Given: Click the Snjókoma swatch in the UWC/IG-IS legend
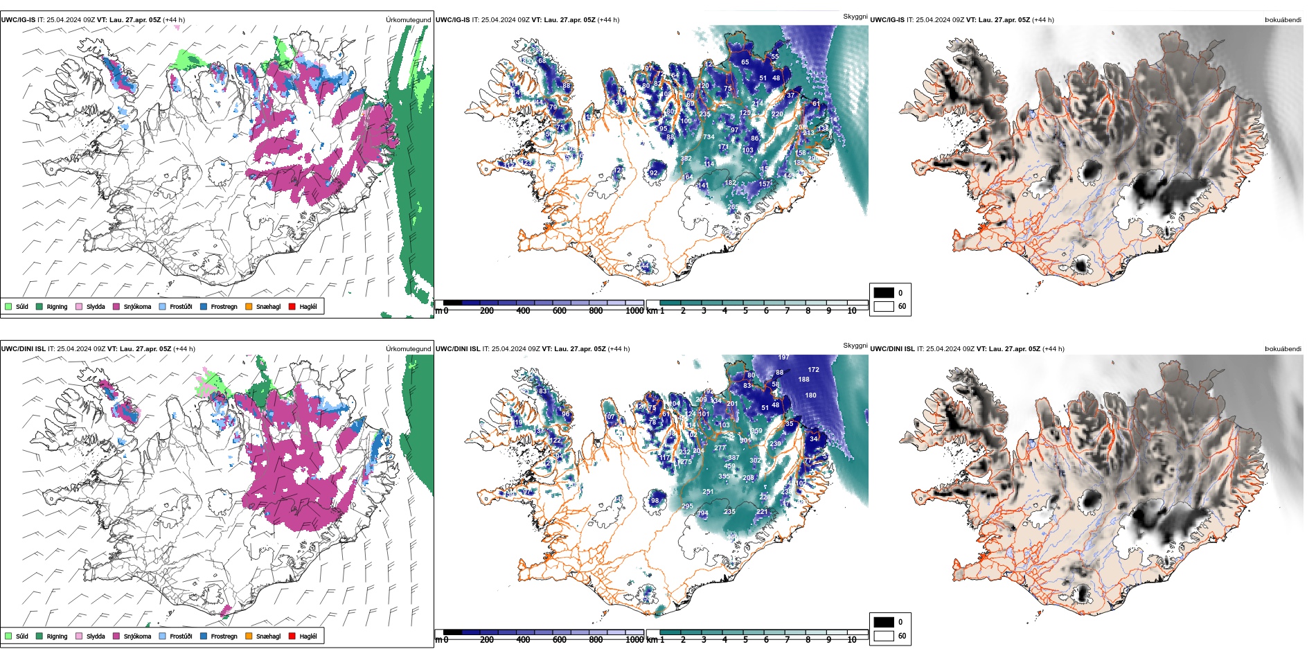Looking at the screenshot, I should [x=116, y=306].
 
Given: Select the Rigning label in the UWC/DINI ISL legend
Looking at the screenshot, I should [x=57, y=637].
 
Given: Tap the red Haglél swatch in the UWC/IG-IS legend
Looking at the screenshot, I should [x=292, y=306].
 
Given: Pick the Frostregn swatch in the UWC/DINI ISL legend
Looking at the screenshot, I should [x=204, y=636].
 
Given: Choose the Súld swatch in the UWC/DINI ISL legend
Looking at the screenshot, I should [x=8, y=636].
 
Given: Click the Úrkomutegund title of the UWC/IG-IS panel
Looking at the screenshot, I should [x=408, y=20].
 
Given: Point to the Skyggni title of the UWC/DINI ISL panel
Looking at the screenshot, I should [x=855, y=345].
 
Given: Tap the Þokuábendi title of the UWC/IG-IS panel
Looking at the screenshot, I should [x=1283, y=20].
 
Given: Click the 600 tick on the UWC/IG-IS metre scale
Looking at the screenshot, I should [x=560, y=311].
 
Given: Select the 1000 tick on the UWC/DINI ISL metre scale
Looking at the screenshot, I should [x=634, y=640].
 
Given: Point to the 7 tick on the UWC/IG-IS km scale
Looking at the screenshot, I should [x=787, y=311].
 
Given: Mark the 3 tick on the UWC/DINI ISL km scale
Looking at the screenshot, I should [x=704, y=640].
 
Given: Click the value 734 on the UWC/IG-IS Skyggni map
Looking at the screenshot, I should [x=709, y=137].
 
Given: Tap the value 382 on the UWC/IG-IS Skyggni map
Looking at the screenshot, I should [x=686, y=159].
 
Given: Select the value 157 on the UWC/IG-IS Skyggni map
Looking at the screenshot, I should [x=764, y=184].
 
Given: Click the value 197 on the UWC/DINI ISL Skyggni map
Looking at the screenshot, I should [x=783, y=357].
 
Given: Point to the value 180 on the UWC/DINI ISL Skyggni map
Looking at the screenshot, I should [x=810, y=395].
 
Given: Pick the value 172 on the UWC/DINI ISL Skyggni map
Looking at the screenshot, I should [x=813, y=370].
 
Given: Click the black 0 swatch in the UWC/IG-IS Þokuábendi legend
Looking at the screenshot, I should [x=884, y=292].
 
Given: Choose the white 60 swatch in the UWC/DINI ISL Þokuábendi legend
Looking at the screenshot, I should [x=884, y=636].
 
